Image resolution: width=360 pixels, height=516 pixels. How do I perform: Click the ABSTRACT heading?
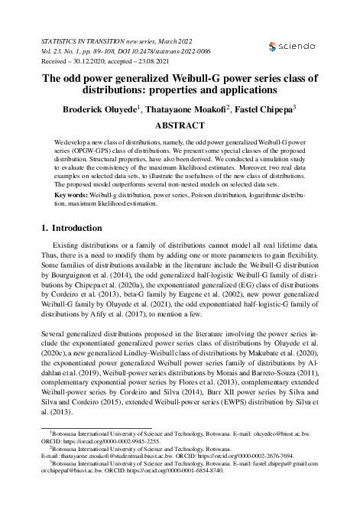click(x=180, y=125)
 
